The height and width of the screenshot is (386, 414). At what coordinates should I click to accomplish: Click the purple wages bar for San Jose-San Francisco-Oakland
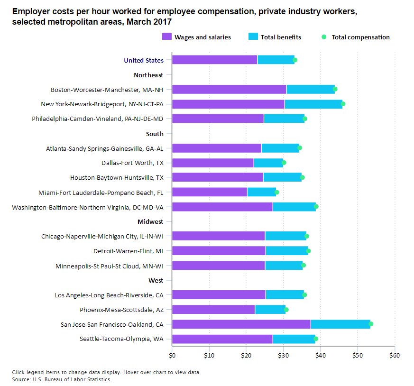241,324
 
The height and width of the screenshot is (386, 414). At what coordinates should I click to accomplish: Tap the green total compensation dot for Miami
277,192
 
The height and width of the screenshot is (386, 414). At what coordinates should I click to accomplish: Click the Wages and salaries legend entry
196,37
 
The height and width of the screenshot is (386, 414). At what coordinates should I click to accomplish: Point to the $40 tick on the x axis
320,355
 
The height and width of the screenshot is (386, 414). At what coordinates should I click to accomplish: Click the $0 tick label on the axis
172,355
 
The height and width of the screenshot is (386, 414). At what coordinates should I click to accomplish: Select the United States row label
144,60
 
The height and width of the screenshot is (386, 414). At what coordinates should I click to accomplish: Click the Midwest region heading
150,221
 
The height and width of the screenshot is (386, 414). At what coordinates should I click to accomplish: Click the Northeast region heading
148,75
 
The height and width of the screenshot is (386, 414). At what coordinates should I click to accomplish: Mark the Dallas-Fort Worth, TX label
132,163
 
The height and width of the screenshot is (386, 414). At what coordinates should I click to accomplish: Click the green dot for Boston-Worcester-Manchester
335,89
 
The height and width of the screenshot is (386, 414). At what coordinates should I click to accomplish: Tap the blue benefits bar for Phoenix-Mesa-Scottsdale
270,310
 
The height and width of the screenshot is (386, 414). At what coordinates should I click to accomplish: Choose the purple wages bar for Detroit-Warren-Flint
219,251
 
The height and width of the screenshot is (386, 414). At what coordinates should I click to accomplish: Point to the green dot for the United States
295,60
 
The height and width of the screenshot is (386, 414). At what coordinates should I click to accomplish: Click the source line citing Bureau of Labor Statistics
62,379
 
